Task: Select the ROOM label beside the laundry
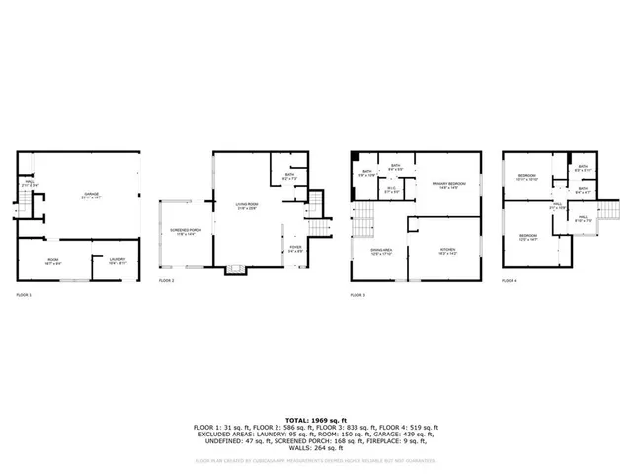[52, 260]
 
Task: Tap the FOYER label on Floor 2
[295, 249]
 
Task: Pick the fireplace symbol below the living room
[236, 269]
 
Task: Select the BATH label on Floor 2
[289, 177]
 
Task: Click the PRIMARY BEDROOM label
[448, 185]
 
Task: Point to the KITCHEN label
[448, 251]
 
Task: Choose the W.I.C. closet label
[392, 189]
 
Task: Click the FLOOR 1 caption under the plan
[24, 294]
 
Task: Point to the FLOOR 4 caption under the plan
[510, 281]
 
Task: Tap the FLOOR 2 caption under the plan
[167, 281]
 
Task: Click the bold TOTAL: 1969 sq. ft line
[315, 419]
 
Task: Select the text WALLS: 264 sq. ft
[315, 447]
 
